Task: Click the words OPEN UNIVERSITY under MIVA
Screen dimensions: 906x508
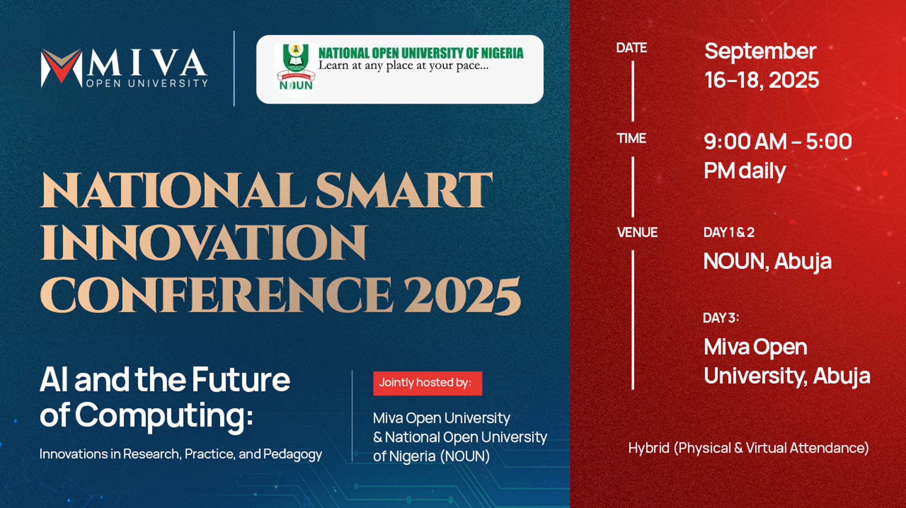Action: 147,83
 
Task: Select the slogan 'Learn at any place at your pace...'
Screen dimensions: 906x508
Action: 403,66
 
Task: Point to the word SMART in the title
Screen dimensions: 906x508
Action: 404,190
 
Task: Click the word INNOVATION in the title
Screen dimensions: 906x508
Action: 203,243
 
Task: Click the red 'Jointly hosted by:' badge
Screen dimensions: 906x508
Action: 428,383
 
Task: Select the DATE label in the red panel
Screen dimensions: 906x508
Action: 631,48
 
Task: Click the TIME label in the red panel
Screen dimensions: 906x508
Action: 631,138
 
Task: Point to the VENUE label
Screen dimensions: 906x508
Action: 637,232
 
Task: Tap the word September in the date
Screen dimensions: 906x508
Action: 760,52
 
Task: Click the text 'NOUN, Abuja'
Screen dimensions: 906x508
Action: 767,262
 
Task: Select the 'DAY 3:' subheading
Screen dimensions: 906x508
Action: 721,318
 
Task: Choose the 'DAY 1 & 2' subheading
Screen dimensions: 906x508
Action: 729,232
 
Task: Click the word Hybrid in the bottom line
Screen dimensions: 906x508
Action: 649,448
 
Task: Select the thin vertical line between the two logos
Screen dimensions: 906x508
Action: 234,69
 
